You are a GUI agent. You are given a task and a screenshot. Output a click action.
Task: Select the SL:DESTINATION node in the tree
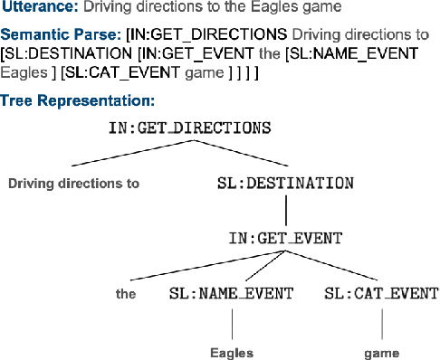285,184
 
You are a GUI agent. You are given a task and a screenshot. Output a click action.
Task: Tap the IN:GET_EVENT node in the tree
285,239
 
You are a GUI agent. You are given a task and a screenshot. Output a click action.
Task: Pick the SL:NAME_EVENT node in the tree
232,294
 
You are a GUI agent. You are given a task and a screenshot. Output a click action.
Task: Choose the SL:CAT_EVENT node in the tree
381,294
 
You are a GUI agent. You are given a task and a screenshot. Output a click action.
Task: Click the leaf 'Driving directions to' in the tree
73,184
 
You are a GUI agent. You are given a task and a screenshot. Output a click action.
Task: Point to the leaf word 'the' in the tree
126,294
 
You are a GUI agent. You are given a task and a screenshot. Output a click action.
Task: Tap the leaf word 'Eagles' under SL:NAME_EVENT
232,352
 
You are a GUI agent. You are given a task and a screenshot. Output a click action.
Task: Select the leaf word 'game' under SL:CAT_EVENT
381,352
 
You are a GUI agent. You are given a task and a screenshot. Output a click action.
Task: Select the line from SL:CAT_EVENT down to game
381,322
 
